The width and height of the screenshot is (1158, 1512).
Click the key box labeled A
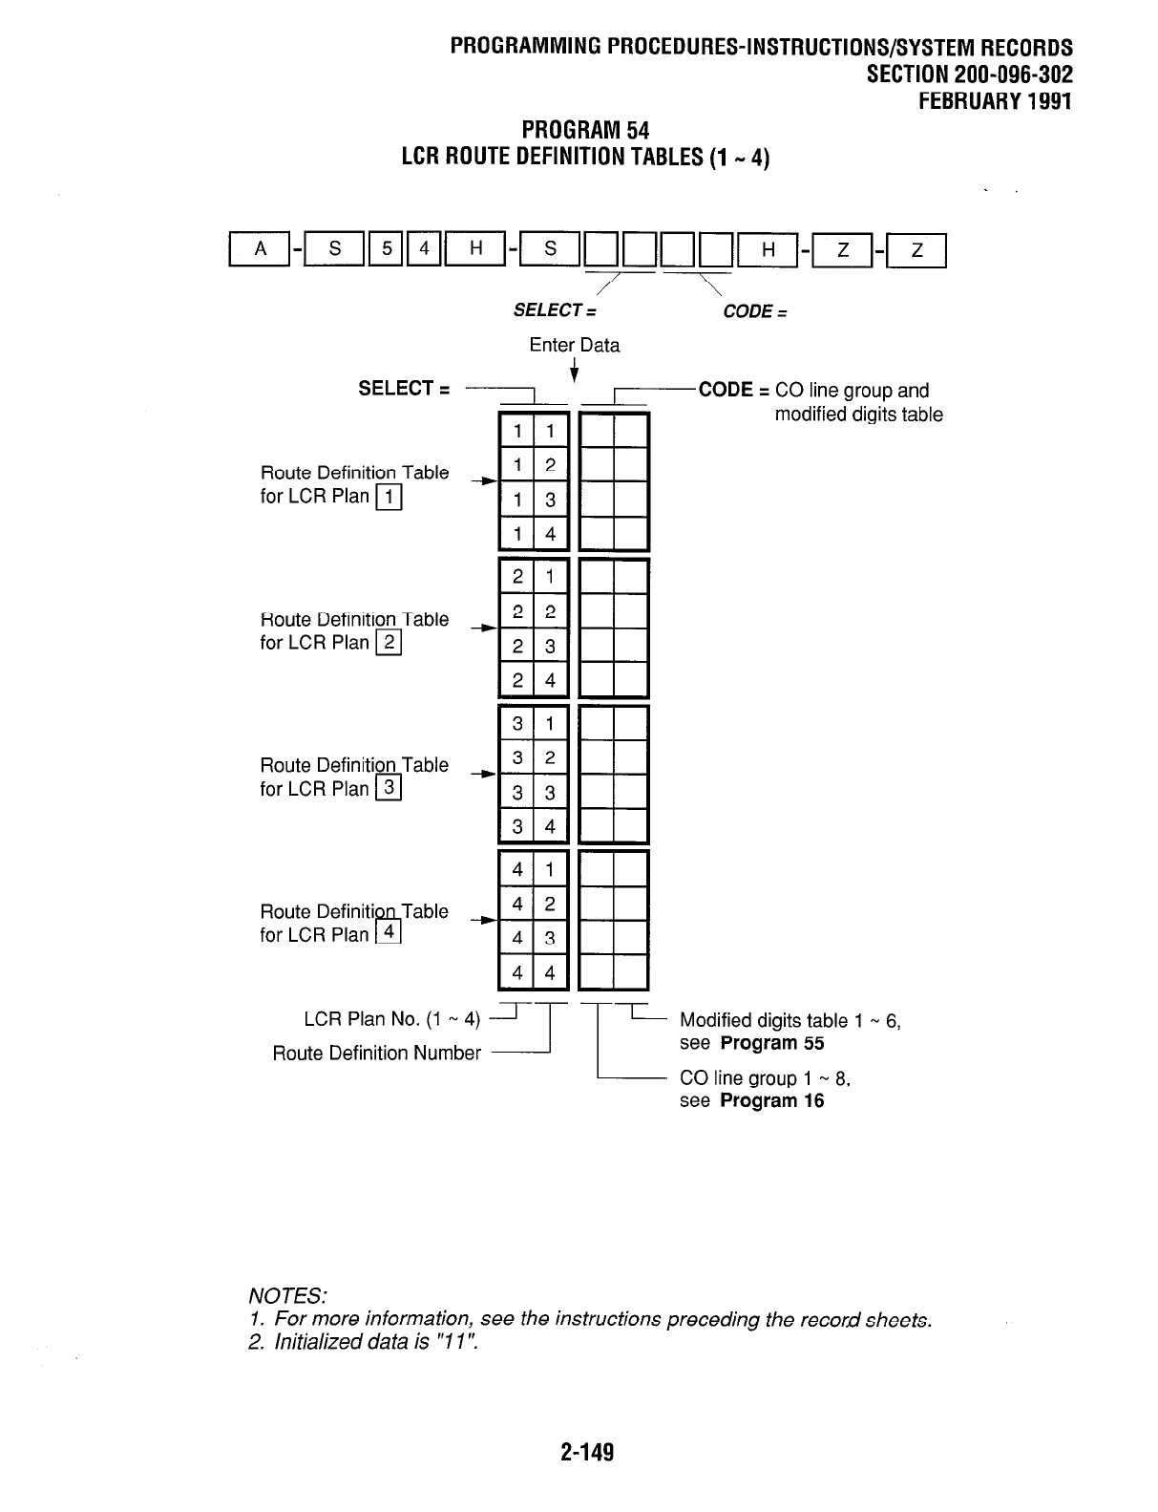(261, 250)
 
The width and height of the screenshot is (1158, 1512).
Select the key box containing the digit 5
(387, 250)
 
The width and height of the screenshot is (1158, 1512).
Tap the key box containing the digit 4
(426, 250)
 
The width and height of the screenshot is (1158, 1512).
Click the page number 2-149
(587, 1452)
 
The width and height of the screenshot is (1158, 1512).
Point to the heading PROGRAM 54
(585, 130)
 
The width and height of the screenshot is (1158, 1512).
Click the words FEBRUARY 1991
(995, 100)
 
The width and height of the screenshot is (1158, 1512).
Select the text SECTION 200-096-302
(969, 75)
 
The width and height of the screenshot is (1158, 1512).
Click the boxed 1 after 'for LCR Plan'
(390, 496)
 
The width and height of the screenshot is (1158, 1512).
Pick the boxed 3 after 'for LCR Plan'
(390, 788)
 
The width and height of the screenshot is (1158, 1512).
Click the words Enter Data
(575, 345)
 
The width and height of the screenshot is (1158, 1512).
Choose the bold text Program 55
(772, 1043)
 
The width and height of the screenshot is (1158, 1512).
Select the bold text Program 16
(772, 1100)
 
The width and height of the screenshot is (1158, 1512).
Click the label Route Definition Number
(376, 1053)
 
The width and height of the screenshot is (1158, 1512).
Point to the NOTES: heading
(288, 1295)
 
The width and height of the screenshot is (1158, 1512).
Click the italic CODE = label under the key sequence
(754, 311)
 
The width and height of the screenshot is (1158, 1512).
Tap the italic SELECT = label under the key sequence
(555, 310)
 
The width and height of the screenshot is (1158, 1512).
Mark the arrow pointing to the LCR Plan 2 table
(487, 628)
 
